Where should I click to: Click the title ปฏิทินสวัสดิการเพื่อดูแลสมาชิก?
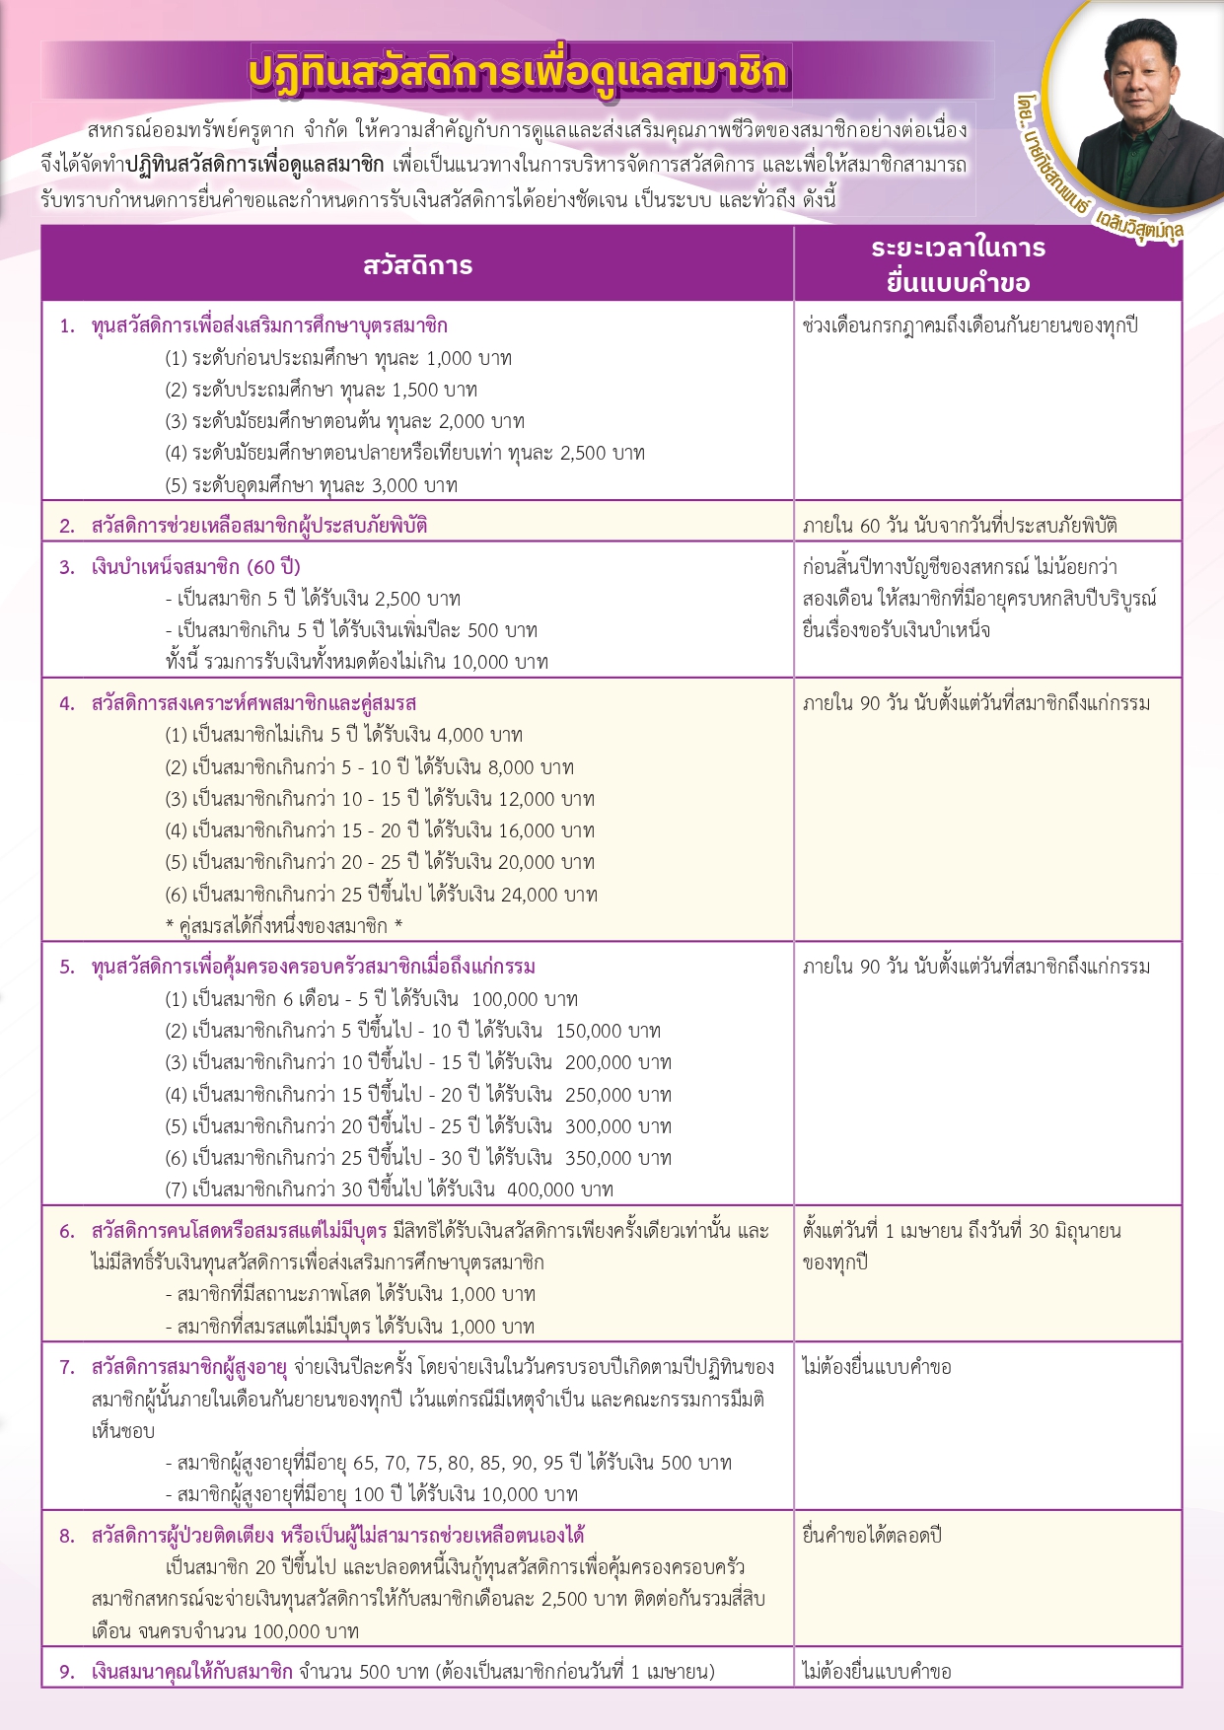(518, 73)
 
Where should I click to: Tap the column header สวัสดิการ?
(417, 265)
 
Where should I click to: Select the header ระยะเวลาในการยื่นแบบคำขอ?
(958, 265)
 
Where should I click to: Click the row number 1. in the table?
(67, 326)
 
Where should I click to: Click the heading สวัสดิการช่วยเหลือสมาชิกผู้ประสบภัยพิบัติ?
(259, 526)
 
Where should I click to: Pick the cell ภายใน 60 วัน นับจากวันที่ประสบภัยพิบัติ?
(960, 526)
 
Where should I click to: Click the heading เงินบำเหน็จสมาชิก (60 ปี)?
(196, 567)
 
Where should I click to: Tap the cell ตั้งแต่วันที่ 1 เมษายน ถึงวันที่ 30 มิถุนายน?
(962, 1231)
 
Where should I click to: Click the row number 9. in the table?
(67, 1672)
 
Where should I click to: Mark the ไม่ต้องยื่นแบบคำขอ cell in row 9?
(877, 1672)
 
